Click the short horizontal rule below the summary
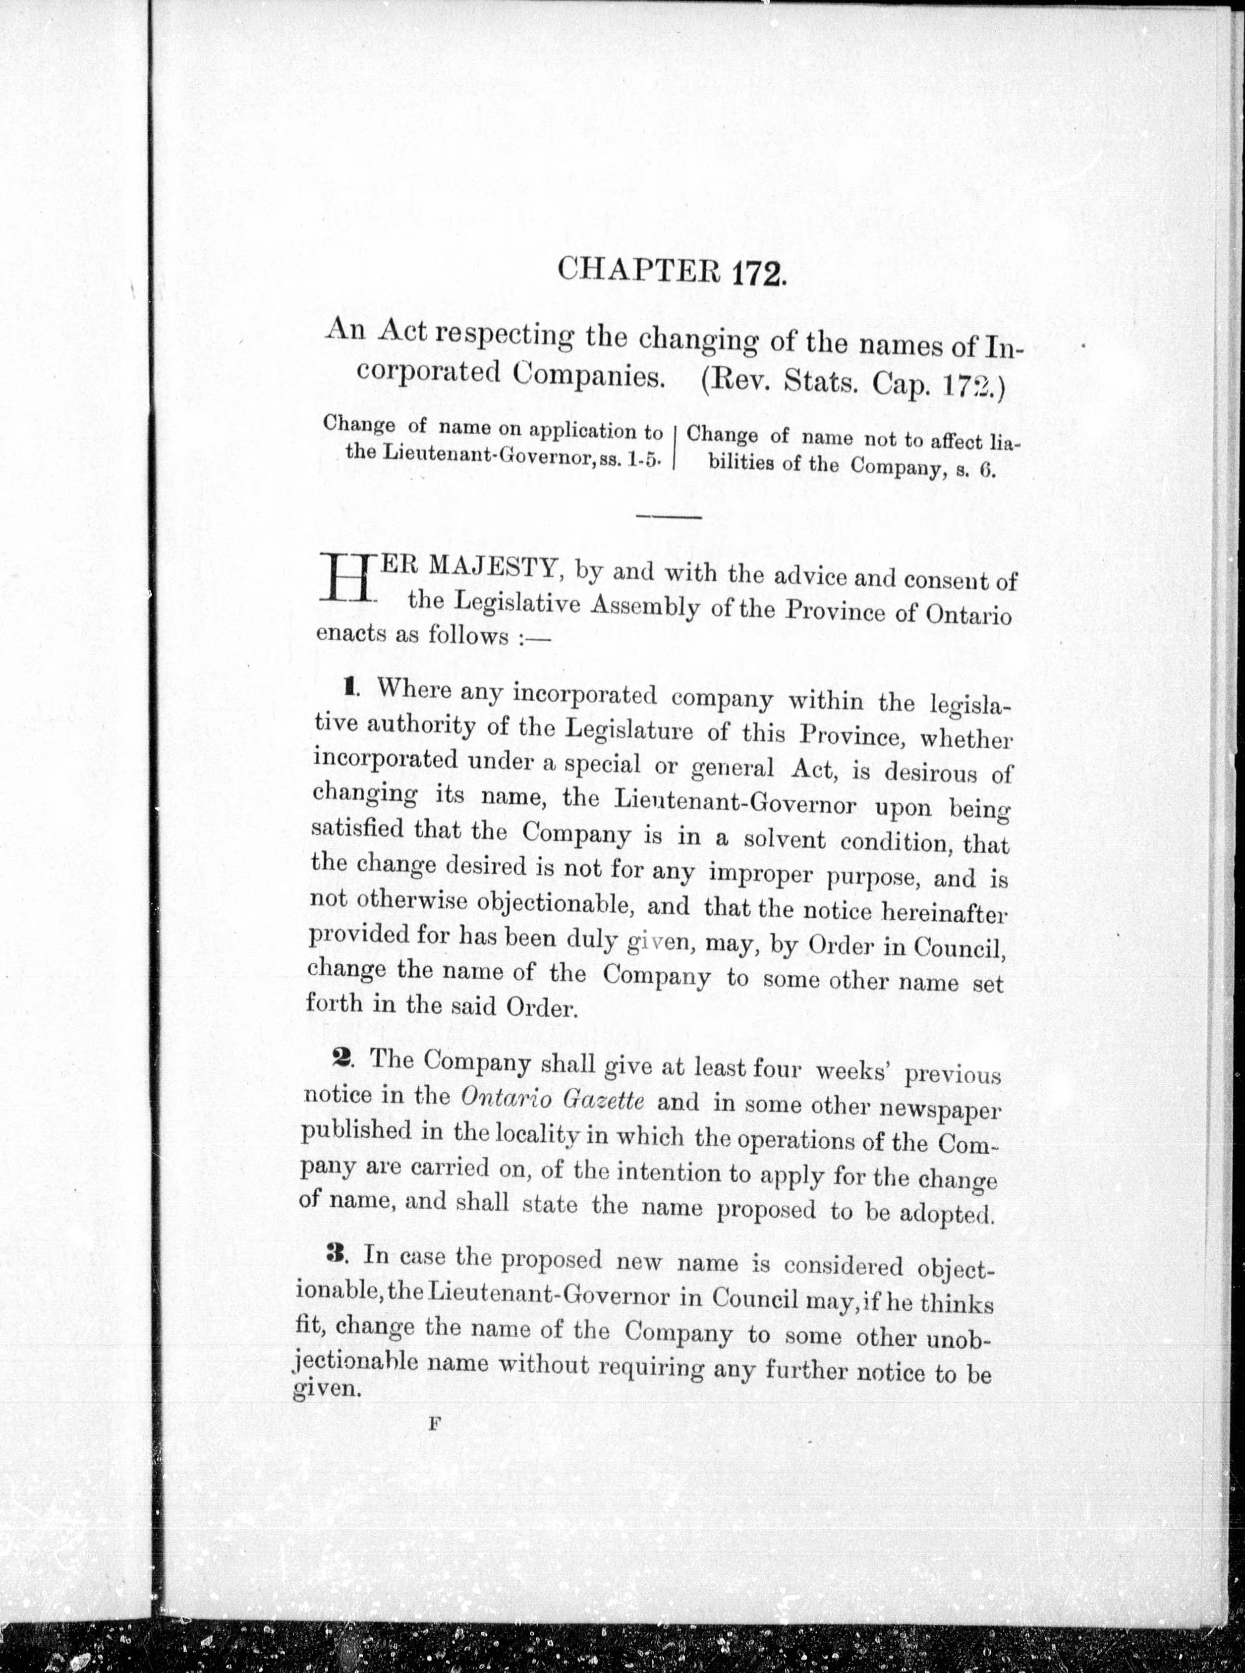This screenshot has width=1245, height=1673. (x=669, y=517)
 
